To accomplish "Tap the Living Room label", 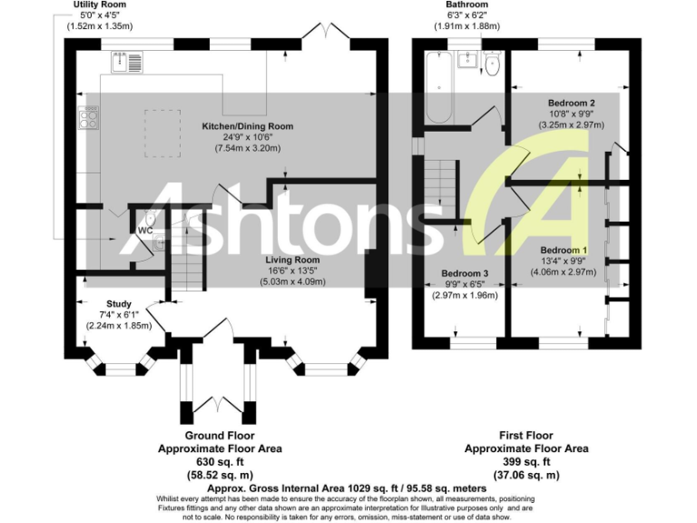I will [294, 260].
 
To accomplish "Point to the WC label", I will [144, 230].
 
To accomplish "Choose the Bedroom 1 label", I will [564, 250].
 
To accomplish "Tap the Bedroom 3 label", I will [466, 273].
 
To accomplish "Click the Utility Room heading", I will [100, 5].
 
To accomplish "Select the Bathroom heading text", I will [466, 5].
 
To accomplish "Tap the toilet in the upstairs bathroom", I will [491, 64].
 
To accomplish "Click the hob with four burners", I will [91, 119].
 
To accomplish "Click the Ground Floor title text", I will [220, 436].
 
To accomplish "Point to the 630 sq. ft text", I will [220, 461].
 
